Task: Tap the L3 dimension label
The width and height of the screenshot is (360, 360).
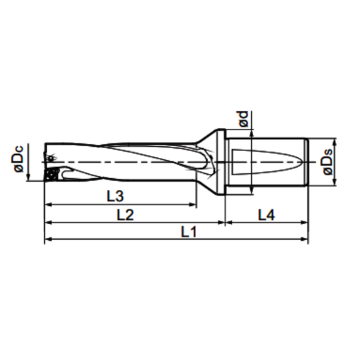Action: coord(115,197)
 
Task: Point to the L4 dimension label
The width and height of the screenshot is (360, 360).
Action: coord(267,215)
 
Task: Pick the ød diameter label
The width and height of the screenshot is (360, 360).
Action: coord(245,119)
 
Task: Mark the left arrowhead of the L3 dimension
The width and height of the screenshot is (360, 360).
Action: coord(48,204)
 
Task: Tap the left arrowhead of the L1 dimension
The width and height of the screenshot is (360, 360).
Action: coord(48,240)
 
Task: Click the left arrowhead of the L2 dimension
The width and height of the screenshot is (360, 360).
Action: coord(48,222)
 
